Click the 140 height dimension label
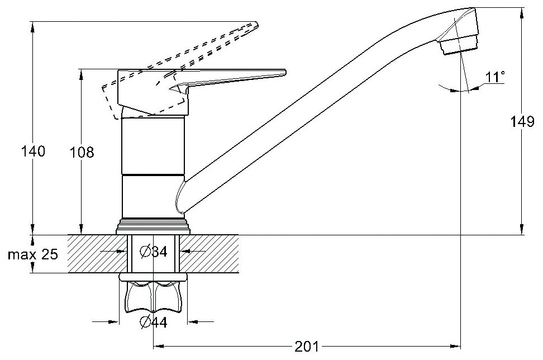34,151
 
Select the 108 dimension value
82,152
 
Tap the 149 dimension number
522,122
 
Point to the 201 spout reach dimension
307,346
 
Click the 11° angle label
494,77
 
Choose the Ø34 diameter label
154,252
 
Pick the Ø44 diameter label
154,323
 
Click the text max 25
33,255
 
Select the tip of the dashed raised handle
256,25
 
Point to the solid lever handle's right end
285,72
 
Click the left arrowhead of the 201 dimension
158,346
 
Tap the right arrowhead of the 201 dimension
455,346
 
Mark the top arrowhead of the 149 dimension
522,12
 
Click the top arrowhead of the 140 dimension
33,27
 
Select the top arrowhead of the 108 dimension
82,74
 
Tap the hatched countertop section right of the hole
209,254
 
